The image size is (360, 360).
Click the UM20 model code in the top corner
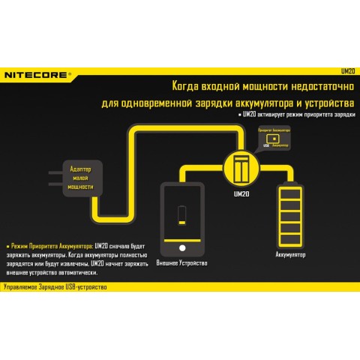click(x=346, y=73)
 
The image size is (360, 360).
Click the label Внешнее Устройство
click(x=181, y=263)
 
